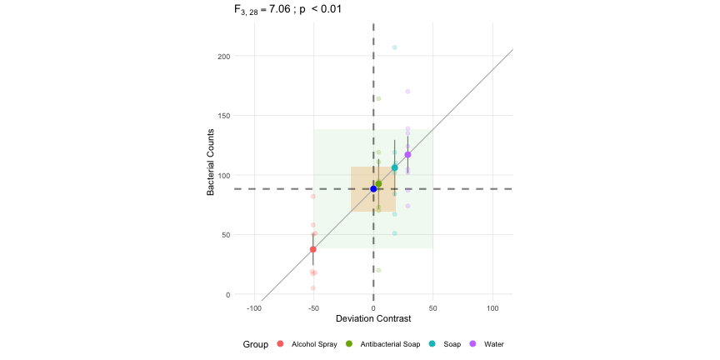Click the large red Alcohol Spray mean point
(x=313, y=249)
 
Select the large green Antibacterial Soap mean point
(x=378, y=183)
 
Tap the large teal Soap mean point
(x=395, y=168)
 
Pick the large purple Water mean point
(x=407, y=155)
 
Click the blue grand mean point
(x=373, y=189)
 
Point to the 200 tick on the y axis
(x=224, y=57)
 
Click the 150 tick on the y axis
(x=224, y=116)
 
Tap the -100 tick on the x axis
(x=253, y=308)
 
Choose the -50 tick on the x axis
(x=313, y=308)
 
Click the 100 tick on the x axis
(x=492, y=308)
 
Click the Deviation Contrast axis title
(x=372, y=319)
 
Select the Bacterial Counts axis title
(x=212, y=162)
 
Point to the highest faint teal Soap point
(x=395, y=47)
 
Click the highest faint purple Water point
(x=407, y=92)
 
